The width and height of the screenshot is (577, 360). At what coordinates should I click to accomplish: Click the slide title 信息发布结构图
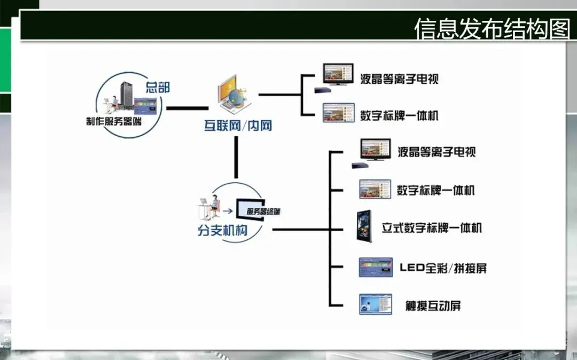492,29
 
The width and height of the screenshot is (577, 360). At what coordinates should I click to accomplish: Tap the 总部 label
158,87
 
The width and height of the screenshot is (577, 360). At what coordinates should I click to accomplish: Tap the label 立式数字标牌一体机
432,228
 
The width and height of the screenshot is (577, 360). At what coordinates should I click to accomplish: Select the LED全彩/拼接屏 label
443,268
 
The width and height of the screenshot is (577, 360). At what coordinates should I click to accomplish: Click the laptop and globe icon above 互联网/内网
233,95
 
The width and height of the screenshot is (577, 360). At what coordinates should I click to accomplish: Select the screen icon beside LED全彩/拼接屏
376,267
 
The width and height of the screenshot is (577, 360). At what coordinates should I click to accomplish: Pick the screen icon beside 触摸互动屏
376,304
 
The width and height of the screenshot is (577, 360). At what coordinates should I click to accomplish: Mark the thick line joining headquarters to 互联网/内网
186,108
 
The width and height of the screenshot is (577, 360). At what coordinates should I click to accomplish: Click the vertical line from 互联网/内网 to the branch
235,157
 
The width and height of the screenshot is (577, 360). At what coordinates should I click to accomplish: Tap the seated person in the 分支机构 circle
213,207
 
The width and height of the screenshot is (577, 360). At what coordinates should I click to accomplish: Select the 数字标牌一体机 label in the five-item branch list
435,191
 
